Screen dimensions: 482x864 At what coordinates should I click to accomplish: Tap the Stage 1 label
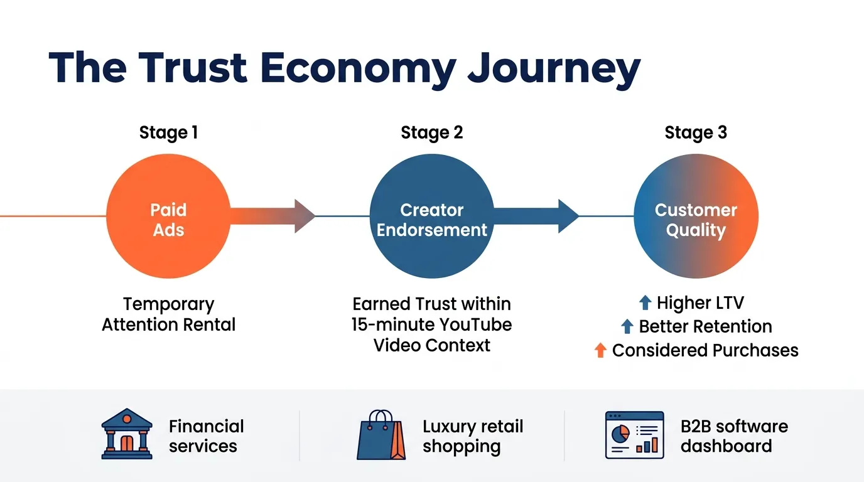point(168,133)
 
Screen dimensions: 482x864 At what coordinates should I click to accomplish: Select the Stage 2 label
point(432,133)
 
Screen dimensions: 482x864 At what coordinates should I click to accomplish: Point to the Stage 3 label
point(696,133)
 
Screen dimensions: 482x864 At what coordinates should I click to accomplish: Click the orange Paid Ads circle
point(168,217)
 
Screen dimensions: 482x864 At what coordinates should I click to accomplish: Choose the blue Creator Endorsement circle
point(432,217)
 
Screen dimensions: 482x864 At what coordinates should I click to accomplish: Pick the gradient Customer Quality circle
point(696,217)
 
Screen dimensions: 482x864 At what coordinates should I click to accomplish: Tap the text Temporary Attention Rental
point(168,314)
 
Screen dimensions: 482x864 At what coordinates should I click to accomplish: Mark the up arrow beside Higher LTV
point(645,303)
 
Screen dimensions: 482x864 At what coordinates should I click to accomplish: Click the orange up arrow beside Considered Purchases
point(600,350)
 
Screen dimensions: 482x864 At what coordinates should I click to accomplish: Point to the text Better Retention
point(705,326)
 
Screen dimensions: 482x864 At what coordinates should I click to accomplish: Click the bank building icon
point(127,434)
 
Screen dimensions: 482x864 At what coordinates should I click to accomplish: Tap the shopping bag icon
point(381,436)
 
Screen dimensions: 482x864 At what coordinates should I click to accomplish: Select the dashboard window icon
point(634,435)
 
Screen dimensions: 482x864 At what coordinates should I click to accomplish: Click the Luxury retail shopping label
point(472,437)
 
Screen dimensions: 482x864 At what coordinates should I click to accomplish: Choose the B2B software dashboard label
point(733,436)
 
